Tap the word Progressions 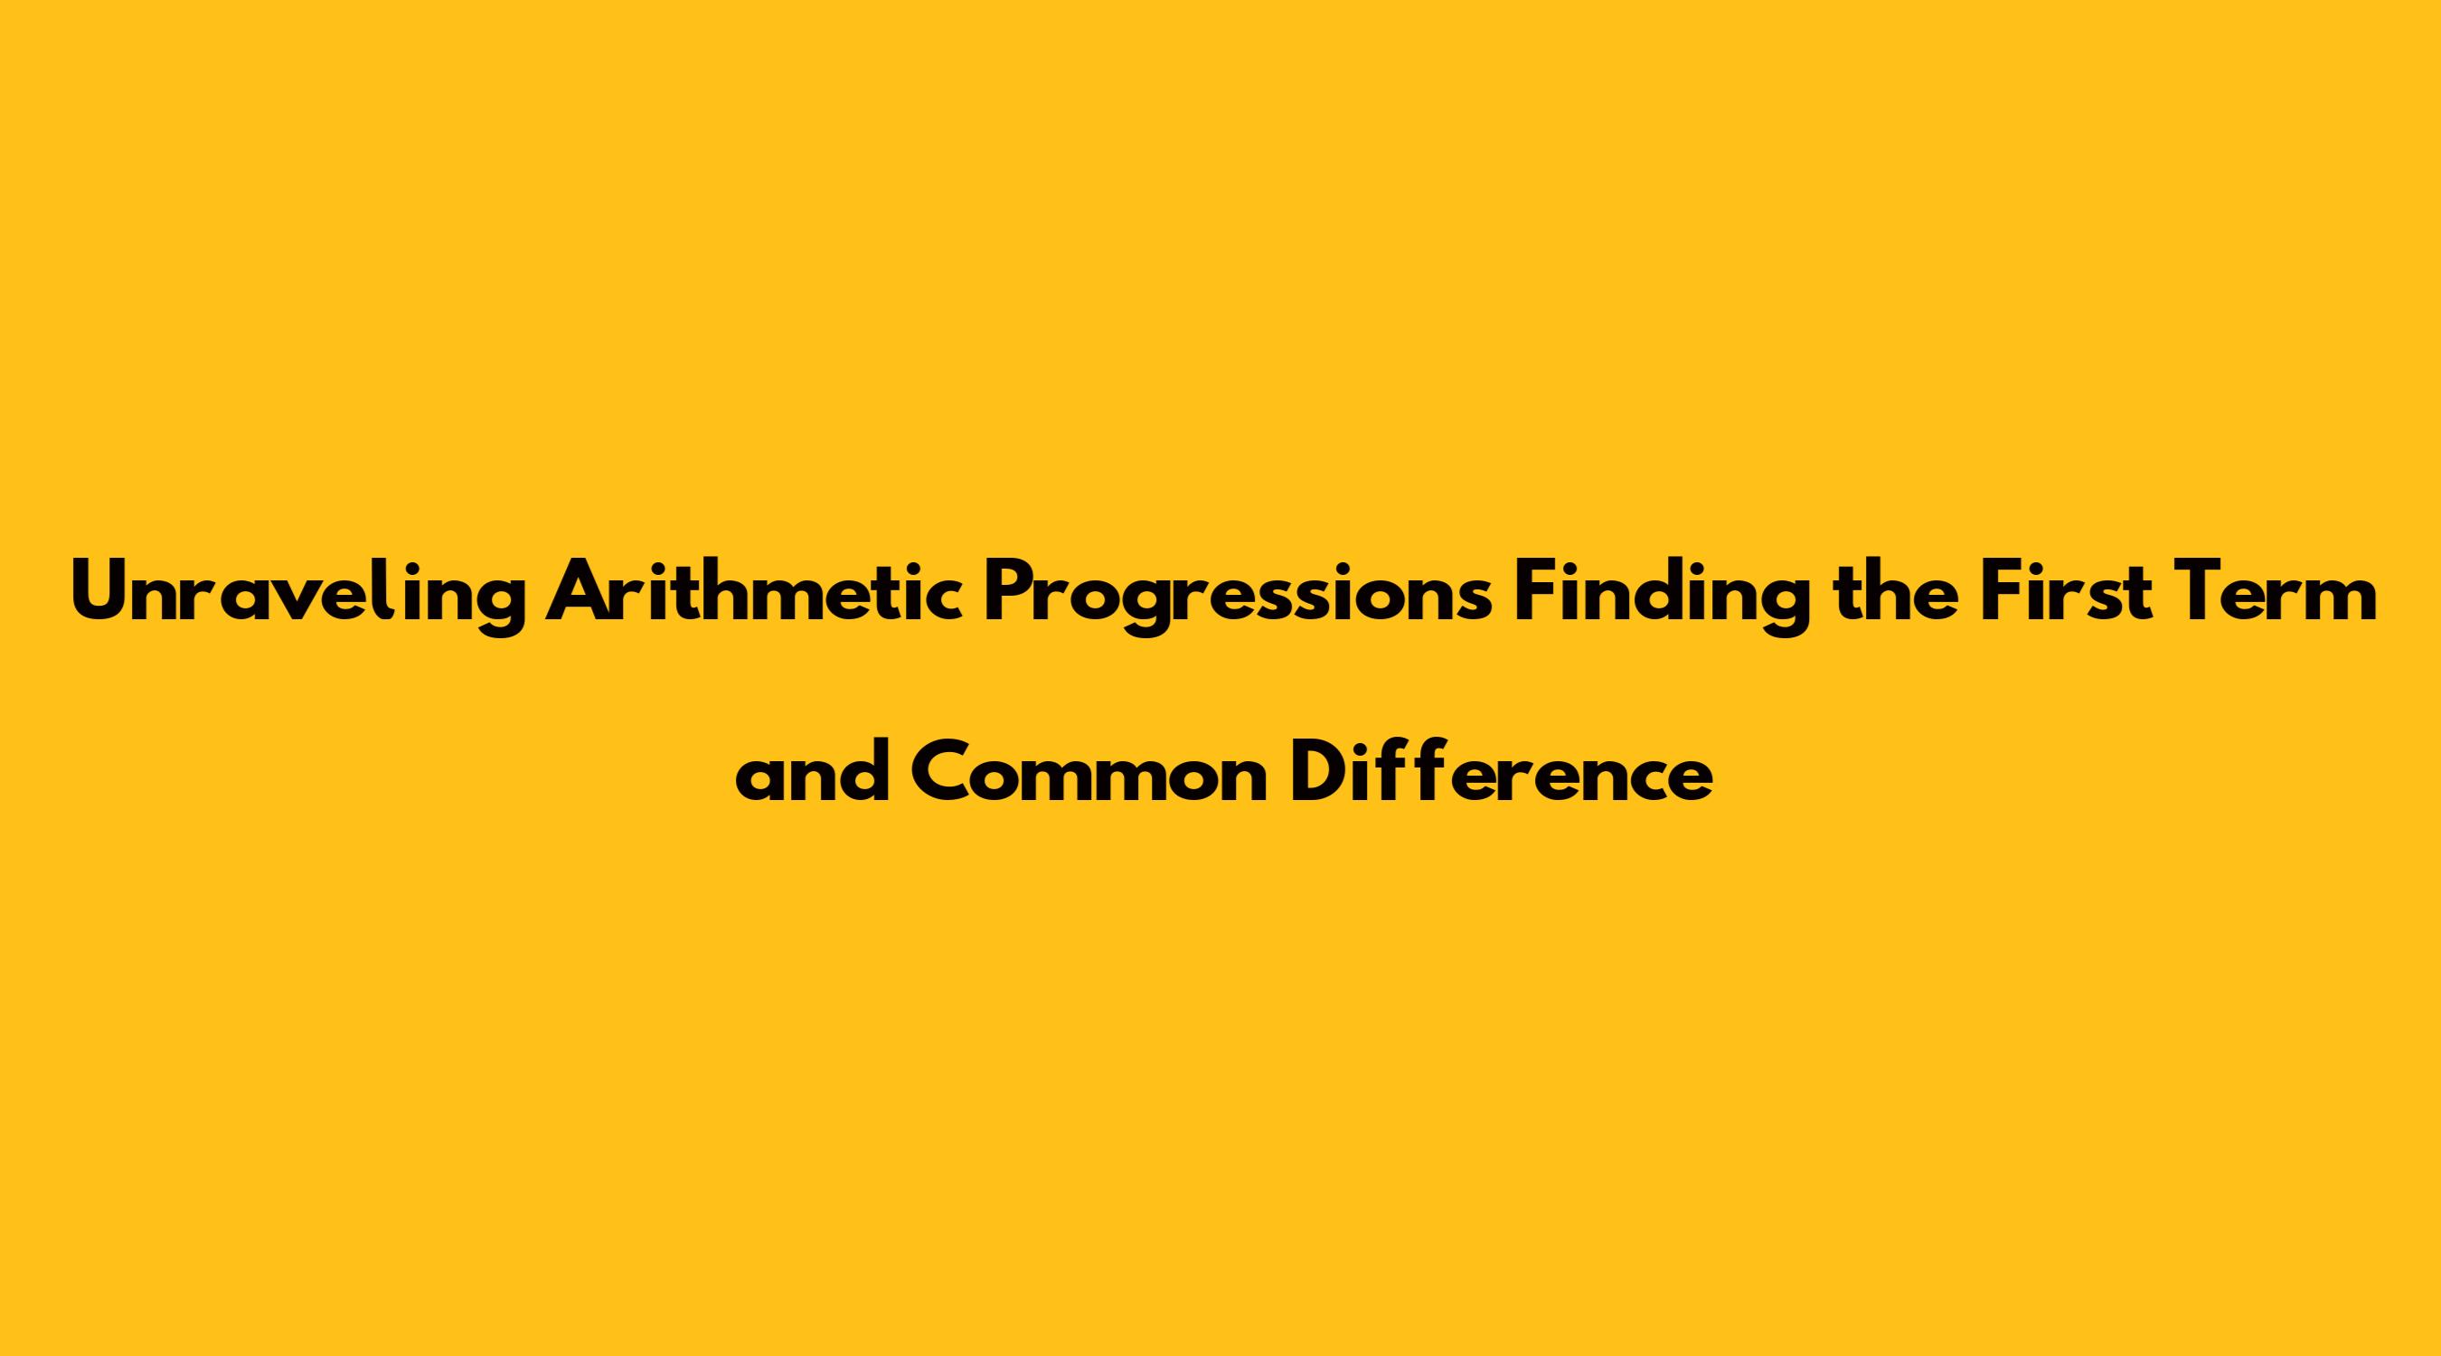1239,597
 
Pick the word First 2075,591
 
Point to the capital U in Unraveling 102,592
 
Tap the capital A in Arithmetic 579,592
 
